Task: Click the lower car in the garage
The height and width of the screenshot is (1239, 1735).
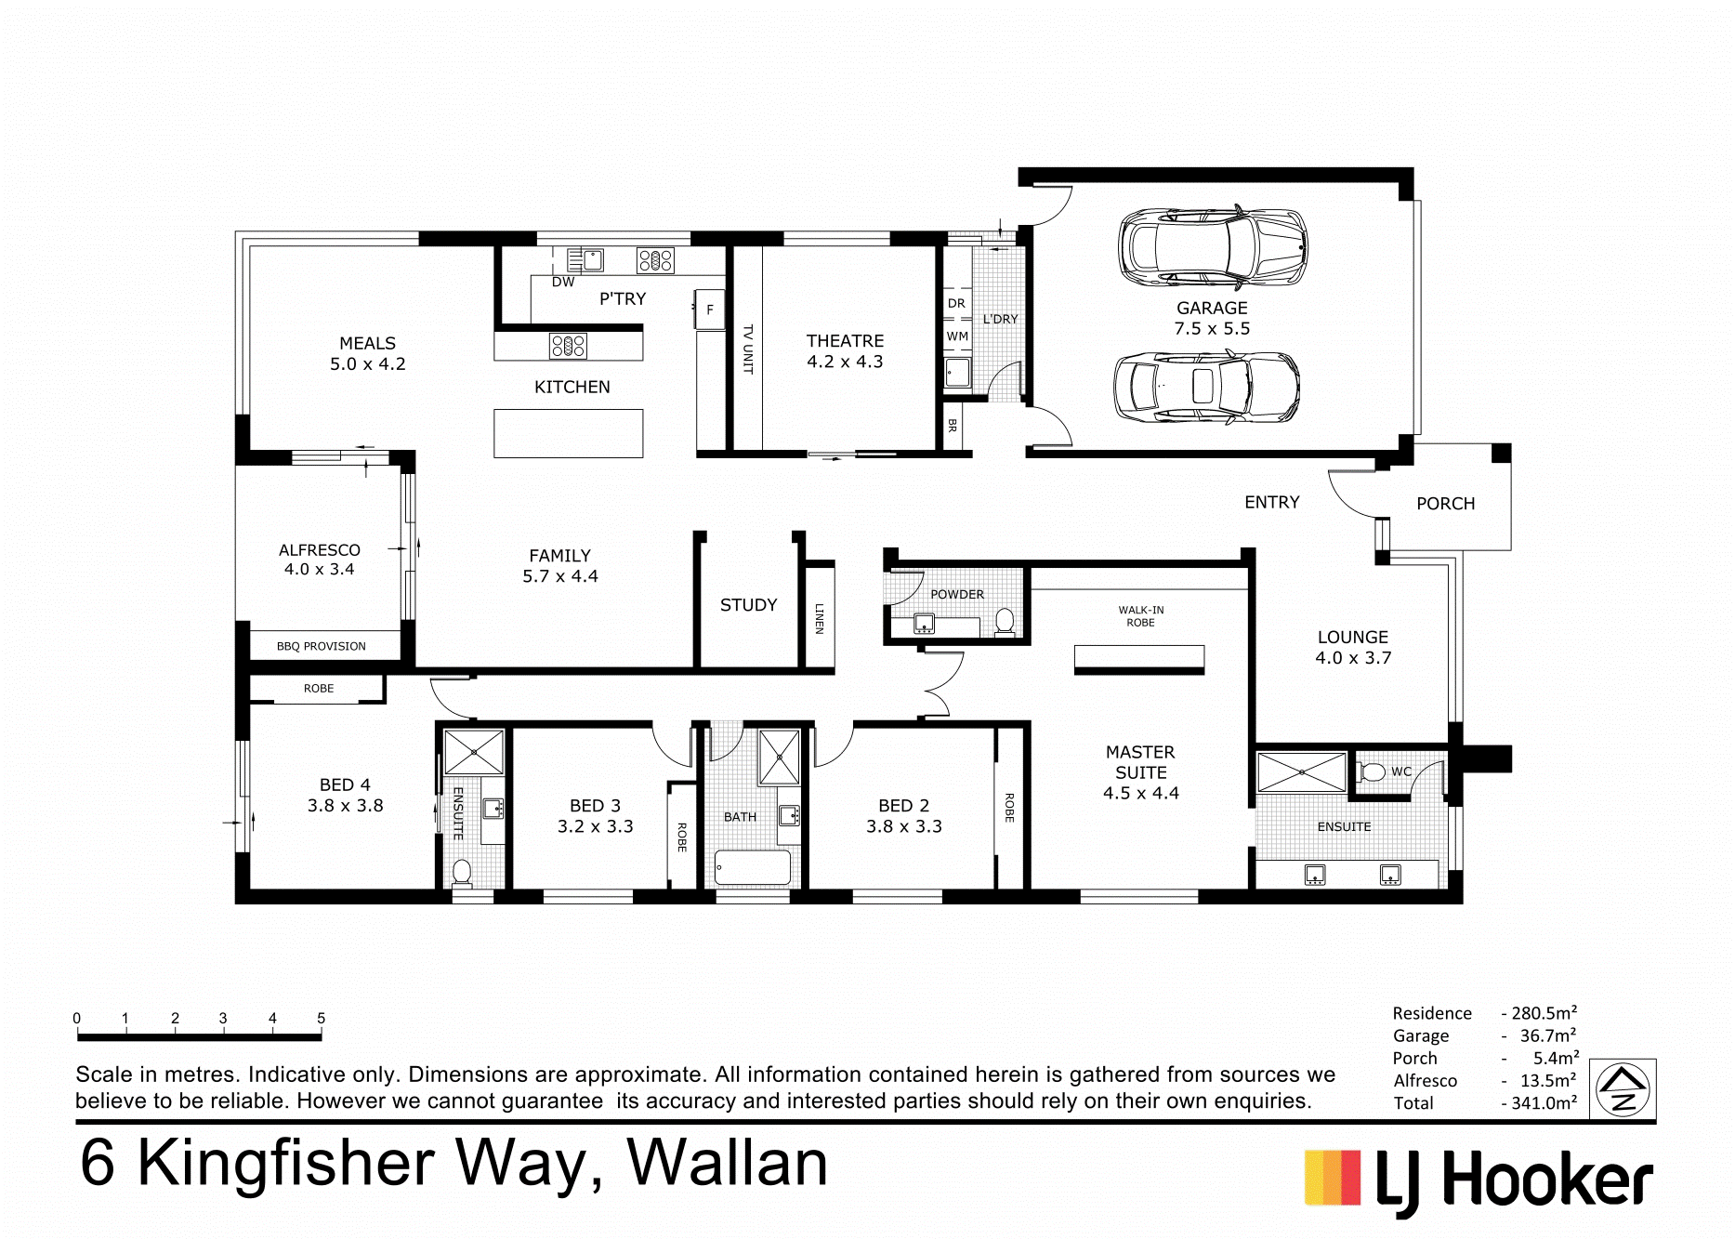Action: pos(1206,388)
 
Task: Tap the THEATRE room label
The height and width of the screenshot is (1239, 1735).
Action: pos(845,341)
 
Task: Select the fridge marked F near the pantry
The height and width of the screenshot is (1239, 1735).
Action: pos(710,310)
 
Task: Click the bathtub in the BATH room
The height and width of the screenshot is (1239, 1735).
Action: pos(753,868)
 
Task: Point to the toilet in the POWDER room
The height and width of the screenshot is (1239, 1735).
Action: pos(1005,621)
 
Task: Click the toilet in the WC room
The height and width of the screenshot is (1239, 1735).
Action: pos(1372,771)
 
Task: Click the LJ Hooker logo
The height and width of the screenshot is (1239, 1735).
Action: pos(1479,1181)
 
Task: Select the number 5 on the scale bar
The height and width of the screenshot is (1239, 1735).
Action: pos(321,1019)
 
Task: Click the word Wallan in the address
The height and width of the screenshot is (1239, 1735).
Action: pos(727,1163)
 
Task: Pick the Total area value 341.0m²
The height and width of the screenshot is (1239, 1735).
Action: pos(1539,1103)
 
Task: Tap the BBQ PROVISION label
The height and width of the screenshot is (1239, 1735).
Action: pos(321,646)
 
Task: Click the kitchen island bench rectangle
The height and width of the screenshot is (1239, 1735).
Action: pos(568,433)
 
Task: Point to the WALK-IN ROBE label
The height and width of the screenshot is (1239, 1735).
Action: pos(1140,616)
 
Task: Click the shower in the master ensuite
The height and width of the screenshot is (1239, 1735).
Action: pos(1302,772)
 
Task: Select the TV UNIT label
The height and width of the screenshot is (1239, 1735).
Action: pos(748,349)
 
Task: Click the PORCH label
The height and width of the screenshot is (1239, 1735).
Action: pos(1445,504)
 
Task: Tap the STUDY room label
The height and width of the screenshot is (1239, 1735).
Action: pos(748,605)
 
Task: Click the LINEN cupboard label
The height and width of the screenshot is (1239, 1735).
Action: pos(819,618)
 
